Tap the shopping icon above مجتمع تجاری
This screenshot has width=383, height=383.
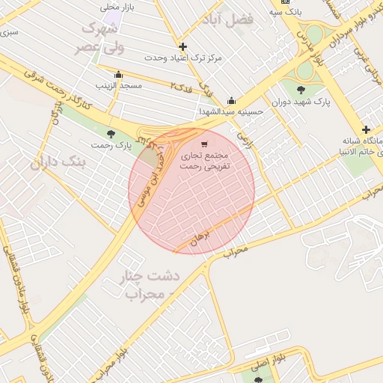pyautogui.click(x=204, y=144)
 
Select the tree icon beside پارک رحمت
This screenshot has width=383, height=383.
pyautogui.click(x=111, y=134)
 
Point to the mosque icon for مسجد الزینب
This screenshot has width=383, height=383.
pyautogui.click(x=118, y=74)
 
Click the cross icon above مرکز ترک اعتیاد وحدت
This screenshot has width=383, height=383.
pyautogui.click(x=183, y=46)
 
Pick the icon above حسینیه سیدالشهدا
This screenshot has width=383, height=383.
pyautogui.click(x=232, y=101)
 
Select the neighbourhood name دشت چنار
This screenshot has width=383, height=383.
pyautogui.click(x=150, y=277)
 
